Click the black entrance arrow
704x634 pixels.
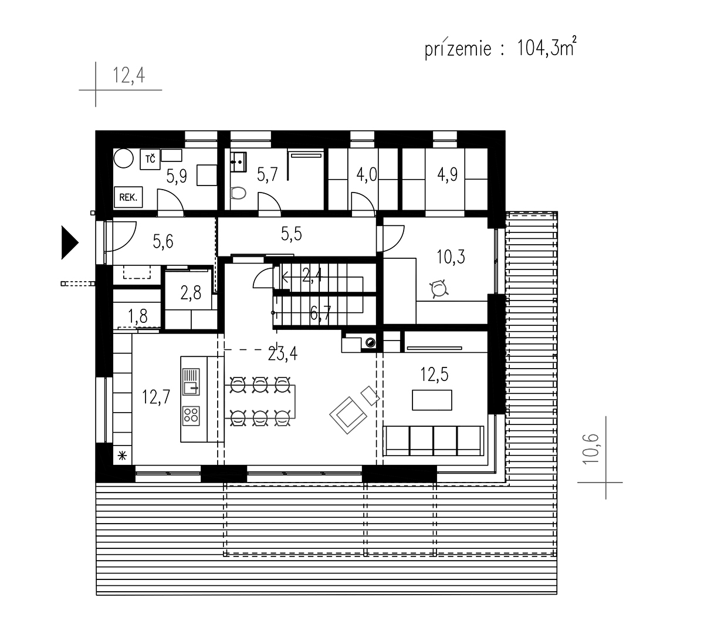pyautogui.click(x=69, y=242)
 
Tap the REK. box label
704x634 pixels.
pyautogui.click(x=128, y=197)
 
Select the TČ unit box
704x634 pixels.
pyautogui.click(x=150, y=159)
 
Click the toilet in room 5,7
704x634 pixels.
pyautogui.click(x=238, y=193)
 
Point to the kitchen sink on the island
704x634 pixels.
pyautogui.click(x=191, y=382)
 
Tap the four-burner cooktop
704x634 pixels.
pyautogui.click(x=191, y=416)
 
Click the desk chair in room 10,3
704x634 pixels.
pyautogui.click(x=439, y=289)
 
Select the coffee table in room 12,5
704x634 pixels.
pyautogui.click(x=432, y=400)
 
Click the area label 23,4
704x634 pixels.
pyautogui.click(x=283, y=353)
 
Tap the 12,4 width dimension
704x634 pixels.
pyautogui.click(x=129, y=75)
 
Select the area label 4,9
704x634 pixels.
pyautogui.click(x=448, y=174)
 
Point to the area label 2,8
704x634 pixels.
pyautogui.click(x=191, y=292)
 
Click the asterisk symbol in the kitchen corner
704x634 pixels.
pyautogui.click(x=122, y=456)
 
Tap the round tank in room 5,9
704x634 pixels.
pyautogui.click(x=124, y=158)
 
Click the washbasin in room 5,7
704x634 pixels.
pyautogui.click(x=239, y=162)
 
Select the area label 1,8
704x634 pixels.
pyautogui.click(x=137, y=316)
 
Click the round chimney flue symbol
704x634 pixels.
pyautogui.click(x=370, y=342)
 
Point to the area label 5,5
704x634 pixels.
pyautogui.click(x=292, y=234)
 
